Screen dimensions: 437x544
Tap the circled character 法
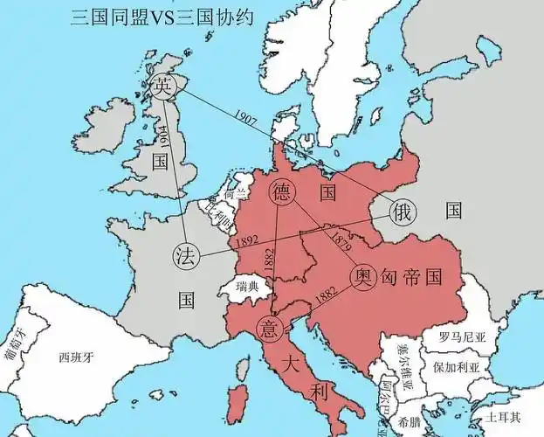pos(185,256)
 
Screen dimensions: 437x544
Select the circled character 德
pos(282,191)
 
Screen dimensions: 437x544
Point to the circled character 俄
pos(403,211)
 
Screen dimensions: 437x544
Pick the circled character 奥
pos(363,277)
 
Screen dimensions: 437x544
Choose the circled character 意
pos(269,328)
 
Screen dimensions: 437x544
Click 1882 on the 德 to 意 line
pos(271,260)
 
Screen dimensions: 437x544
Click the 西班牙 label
pos(76,357)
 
